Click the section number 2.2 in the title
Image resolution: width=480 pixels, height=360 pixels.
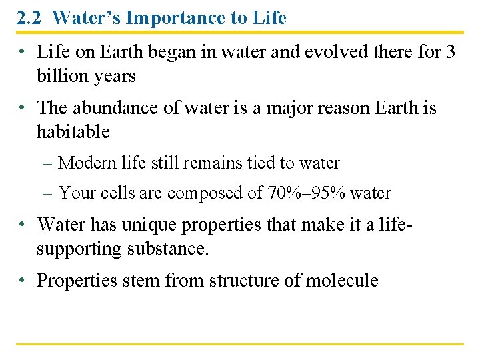pos(30,18)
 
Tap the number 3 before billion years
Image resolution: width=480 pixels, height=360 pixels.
pos(451,52)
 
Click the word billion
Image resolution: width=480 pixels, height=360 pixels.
pos(58,76)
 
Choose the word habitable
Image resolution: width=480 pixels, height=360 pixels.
pos(73,131)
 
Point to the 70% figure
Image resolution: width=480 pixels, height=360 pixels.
pos(283,193)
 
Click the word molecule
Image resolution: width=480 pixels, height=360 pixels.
pos(341,280)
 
